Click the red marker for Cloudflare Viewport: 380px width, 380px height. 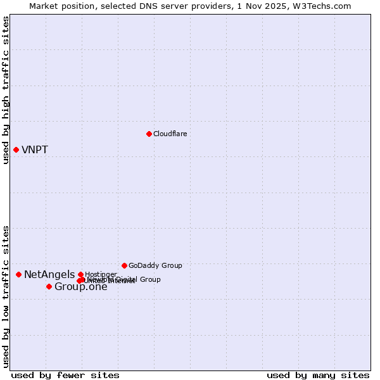(x=149, y=134)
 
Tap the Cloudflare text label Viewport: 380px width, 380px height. (x=170, y=134)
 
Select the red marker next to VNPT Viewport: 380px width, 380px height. (x=16, y=149)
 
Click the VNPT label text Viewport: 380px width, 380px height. (x=35, y=150)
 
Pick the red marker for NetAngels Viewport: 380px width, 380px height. (x=18, y=274)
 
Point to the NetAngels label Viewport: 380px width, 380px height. (x=49, y=275)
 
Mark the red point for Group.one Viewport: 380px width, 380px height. (x=49, y=286)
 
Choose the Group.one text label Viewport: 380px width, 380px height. (x=81, y=287)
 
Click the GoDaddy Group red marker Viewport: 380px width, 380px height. (x=124, y=265)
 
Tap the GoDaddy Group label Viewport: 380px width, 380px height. (x=155, y=265)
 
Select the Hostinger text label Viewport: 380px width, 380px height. (x=101, y=274)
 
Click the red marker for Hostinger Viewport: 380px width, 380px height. (x=80, y=274)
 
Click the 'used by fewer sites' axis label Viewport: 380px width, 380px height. (x=65, y=375)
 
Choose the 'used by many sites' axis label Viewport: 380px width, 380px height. (x=318, y=375)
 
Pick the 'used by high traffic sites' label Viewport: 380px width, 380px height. (x=6, y=91)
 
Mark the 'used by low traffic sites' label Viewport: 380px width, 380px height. (x=6, y=296)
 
